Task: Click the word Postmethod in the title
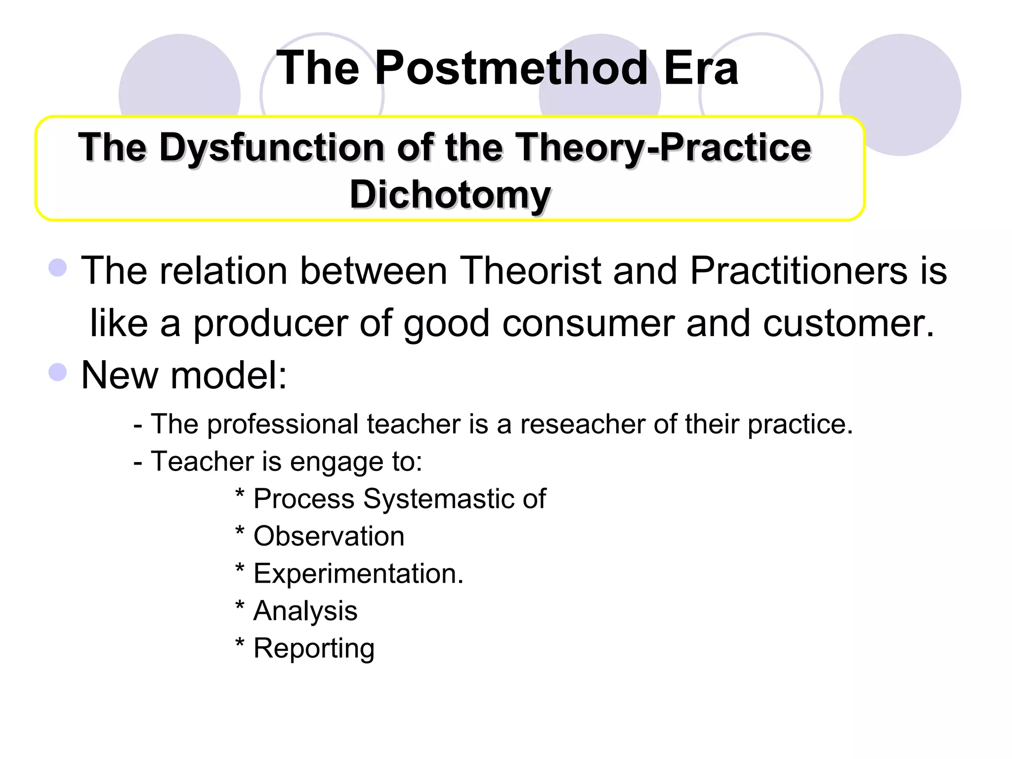[511, 69]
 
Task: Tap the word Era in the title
[701, 69]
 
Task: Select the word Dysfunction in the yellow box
[272, 148]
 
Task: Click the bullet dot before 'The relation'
[58, 268]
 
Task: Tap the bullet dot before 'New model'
[58, 372]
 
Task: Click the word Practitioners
[799, 271]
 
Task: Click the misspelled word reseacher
[583, 424]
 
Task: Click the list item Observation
[329, 536]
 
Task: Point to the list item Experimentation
[358, 574]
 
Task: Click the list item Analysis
[305, 611]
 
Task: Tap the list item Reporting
[314, 648]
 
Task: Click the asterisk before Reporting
[240, 643]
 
